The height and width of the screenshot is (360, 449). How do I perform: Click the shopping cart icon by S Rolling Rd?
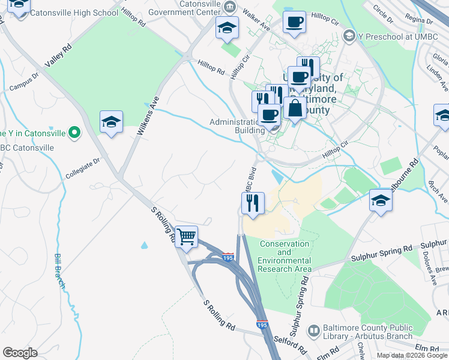(x=187, y=236)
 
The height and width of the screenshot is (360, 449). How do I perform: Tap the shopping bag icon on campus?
(x=295, y=109)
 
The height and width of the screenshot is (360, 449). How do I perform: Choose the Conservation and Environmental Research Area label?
(x=285, y=256)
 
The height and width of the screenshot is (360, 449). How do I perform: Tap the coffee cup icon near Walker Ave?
(x=294, y=23)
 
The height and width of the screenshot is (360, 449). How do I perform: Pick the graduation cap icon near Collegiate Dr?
(x=112, y=122)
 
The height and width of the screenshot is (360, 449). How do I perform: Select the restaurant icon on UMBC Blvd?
(x=253, y=203)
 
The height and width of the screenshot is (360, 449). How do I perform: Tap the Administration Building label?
(x=237, y=126)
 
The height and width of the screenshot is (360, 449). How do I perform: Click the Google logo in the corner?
(x=20, y=352)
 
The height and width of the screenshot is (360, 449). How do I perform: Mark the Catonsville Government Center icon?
(x=229, y=7)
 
